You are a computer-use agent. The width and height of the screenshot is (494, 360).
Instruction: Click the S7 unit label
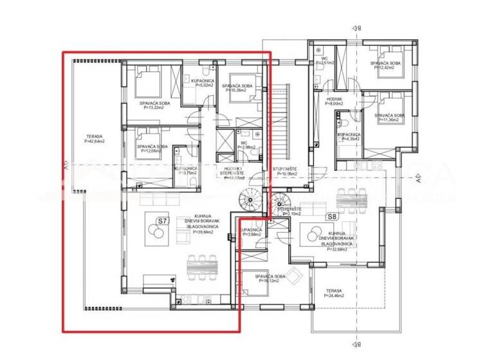click(x=162, y=223)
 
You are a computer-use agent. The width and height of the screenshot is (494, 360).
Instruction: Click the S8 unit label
click(x=333, y=217)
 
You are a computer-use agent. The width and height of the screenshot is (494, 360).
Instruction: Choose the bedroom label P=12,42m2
click(x=385, y=66)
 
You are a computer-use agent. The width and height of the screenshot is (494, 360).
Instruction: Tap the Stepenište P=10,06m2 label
click(x=285, y=172)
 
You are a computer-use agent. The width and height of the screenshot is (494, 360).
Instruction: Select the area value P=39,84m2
click(x=204, y=233)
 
